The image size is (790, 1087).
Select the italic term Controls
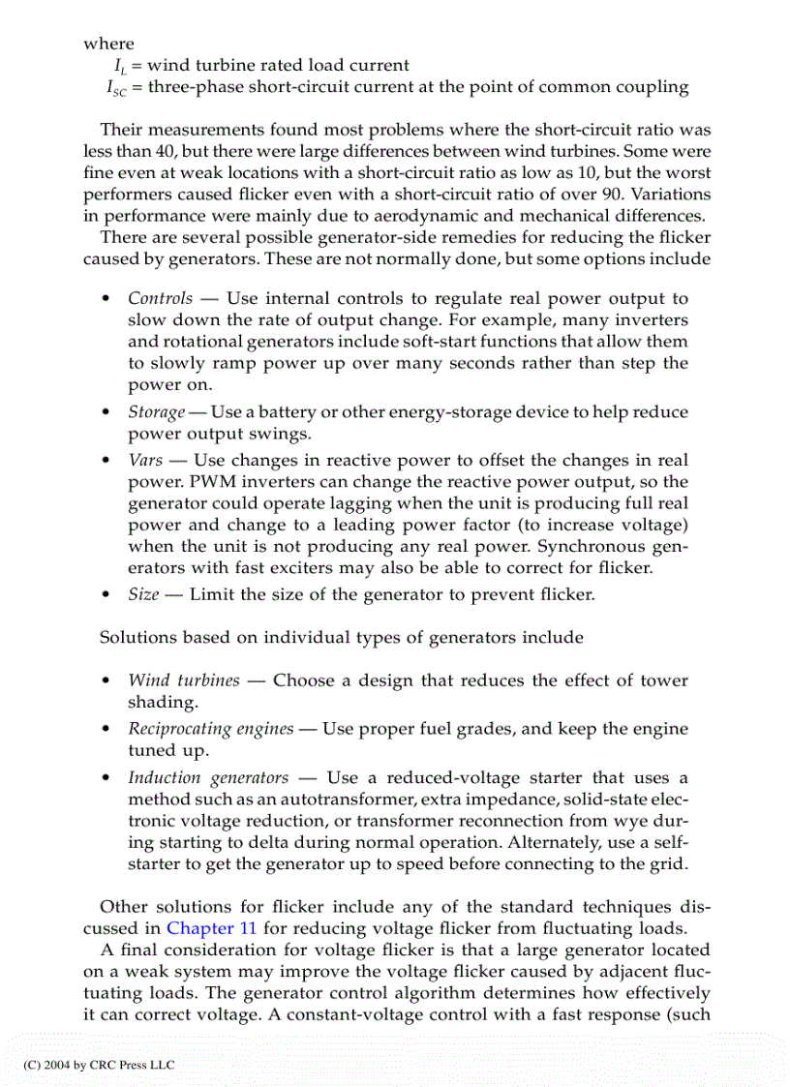pyautogui.click(x=160, y=298)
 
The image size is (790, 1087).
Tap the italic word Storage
pyautogui.click(x=156, y=412)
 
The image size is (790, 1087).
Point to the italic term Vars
pyautogui.click(x=145, y=461)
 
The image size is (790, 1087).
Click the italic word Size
pyautogui.click(x=142, y=594)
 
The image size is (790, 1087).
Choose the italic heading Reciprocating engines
pyautogui.click(x=210, y=729)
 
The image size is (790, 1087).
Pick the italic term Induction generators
pyautogui.click(x=208, y=777)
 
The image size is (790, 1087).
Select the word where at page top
pyautogui.click(x=108, y=44)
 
